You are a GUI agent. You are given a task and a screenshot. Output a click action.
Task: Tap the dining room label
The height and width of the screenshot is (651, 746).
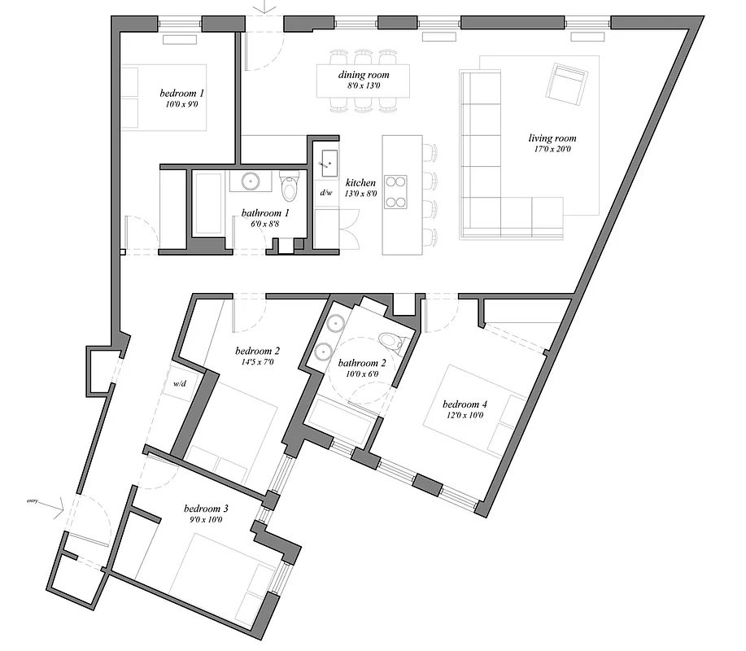(x=359, y=75)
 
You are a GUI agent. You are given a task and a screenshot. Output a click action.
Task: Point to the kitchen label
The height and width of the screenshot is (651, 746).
(x=360, y=183)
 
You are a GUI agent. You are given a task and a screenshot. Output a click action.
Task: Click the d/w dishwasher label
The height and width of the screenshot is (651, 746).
(x=326, y=193)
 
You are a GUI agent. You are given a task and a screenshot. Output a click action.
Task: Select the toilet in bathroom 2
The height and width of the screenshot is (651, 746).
(x=392, y=341)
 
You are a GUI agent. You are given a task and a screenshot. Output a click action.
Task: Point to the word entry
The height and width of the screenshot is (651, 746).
(x=33, y=501)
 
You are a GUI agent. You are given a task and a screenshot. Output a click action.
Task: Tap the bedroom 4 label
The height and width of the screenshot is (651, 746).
(x=465, y=404)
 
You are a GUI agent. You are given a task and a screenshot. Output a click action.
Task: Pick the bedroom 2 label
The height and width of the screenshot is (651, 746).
(x=258, y=352)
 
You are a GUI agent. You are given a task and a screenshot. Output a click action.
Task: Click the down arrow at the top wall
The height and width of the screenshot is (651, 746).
(x=264, y=7)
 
